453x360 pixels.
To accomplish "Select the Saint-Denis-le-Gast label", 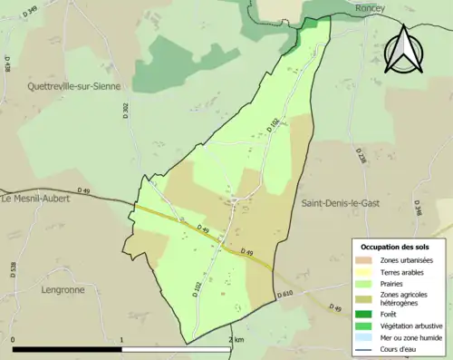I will (x=341, y=204).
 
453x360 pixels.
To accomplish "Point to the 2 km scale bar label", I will (x=236, y=339).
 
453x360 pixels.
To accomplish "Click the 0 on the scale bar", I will (x=14, y=339).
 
